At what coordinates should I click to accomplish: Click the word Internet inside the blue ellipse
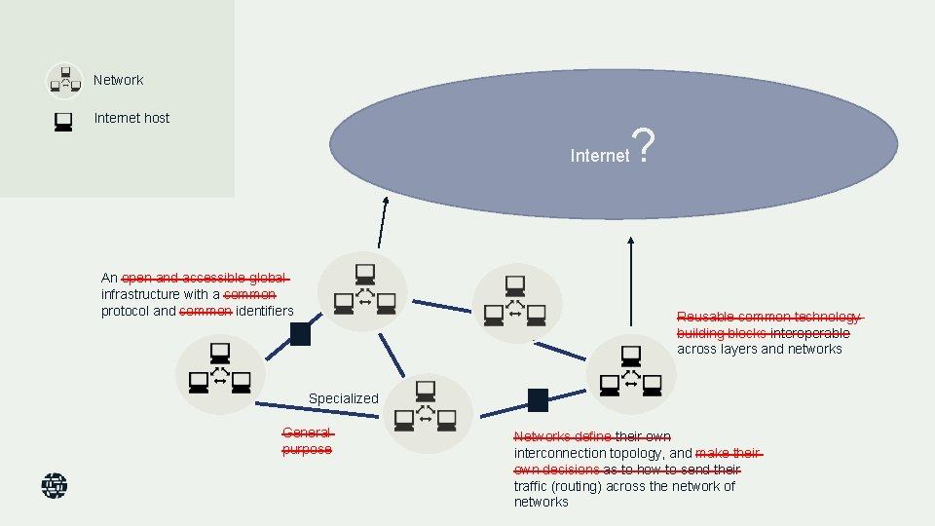pos(599,156)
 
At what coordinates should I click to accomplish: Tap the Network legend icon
pos(64,81)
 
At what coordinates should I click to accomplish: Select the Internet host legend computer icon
pos(63,121)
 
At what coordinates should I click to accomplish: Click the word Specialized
pos(343,398)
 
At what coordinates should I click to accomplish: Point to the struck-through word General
pos(306,433)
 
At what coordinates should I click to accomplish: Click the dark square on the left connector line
pos(300,334)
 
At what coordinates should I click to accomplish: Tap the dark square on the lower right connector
pos(538,399)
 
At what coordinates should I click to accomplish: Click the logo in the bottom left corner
pos(55,485)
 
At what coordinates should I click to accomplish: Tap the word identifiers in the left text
pos(264,311)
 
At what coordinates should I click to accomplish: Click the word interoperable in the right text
pos(809,333)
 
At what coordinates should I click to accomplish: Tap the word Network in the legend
pos(118,80)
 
